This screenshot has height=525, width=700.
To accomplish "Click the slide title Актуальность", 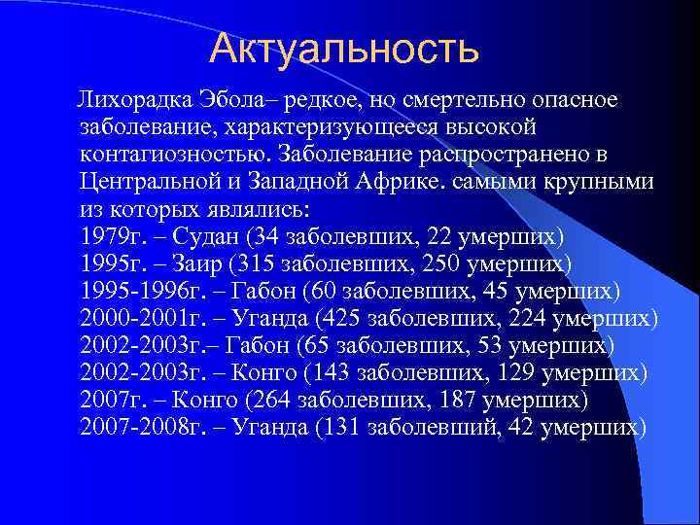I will (344, 48).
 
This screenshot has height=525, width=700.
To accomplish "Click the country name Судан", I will (206, 236).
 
